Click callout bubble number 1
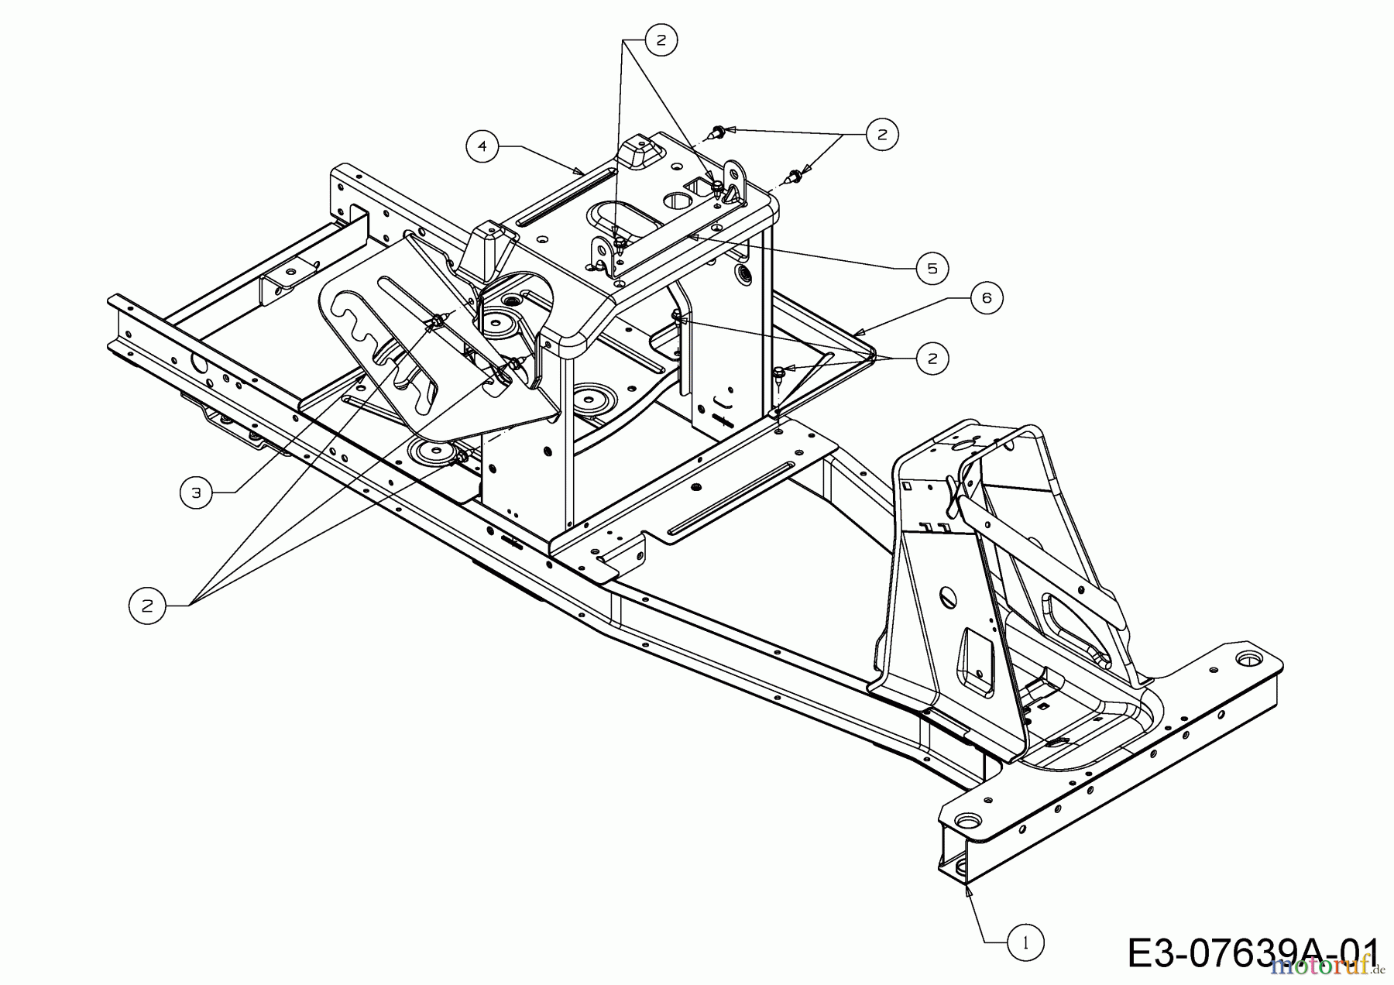click(x=1026, y=942)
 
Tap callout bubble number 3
click(x=197, y=492)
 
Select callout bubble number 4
click(x=482, y=146)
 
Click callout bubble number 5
click(x=932, y=268)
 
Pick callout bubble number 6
click(x=987, y=297)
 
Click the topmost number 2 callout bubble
click(x=661, y=40)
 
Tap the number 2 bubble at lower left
click(x=146, y=606)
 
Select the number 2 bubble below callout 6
click(x=932, y=358)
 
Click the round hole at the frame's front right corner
click(x=1245, y=658)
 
